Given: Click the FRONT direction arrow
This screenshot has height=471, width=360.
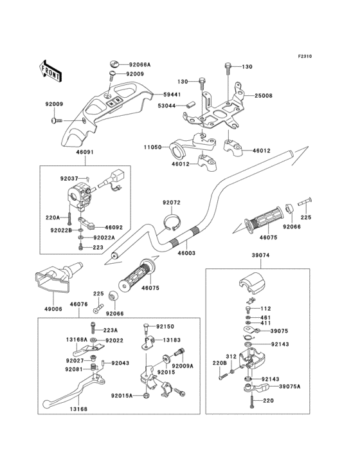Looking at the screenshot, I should click(x=51, y=70).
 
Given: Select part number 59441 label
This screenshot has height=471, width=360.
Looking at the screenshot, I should click(x=172, y=94).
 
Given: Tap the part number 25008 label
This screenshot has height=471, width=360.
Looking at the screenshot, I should click(x=263, y=95).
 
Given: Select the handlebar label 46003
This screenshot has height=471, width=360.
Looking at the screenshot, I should click(x=187, y=254).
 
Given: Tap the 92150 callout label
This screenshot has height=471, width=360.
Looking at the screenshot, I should click(x=165, y=326).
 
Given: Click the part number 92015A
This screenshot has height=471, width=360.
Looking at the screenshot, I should click(x=122, y=396).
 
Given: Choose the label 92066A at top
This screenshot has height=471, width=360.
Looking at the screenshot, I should click(x=139, y=65).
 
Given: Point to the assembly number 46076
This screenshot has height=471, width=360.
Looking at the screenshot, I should click(x=78, y=304).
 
